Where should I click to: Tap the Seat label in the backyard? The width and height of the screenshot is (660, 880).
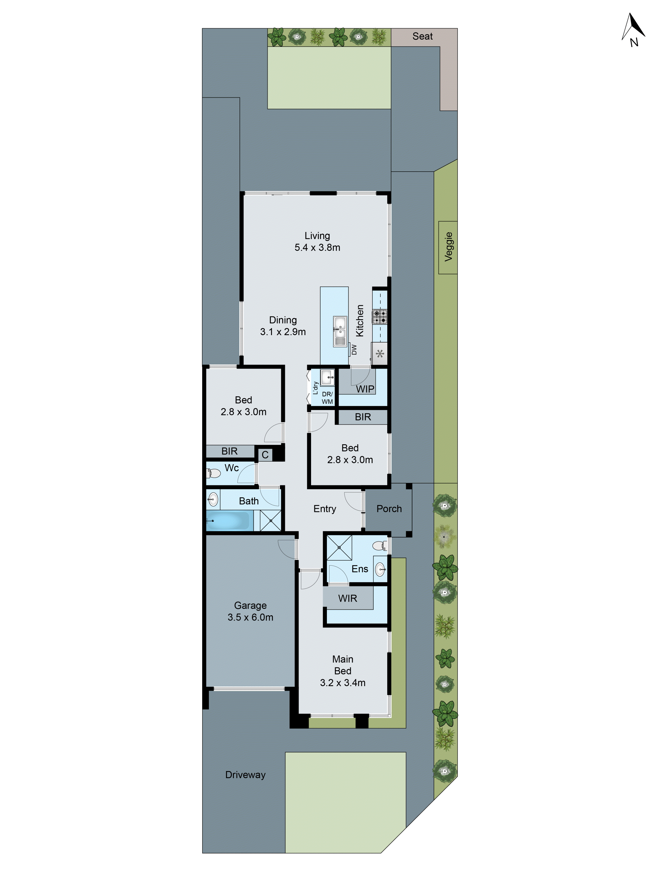coord(422,37)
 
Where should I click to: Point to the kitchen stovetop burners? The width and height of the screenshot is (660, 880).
coord(379,317)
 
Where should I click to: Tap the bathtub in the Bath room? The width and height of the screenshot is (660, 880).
coord(227,521)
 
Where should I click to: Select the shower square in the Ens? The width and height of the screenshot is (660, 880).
coord(339,547)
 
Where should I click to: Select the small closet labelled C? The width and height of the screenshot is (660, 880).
coord(265,454)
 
